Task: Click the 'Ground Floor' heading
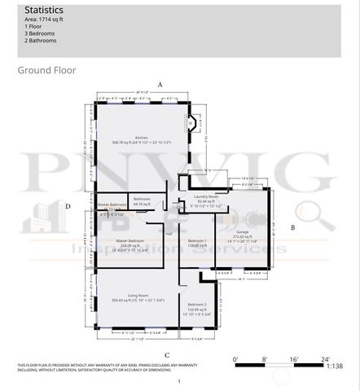46,70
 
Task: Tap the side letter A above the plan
160,85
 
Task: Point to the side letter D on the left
68,207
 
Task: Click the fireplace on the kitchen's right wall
192,125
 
